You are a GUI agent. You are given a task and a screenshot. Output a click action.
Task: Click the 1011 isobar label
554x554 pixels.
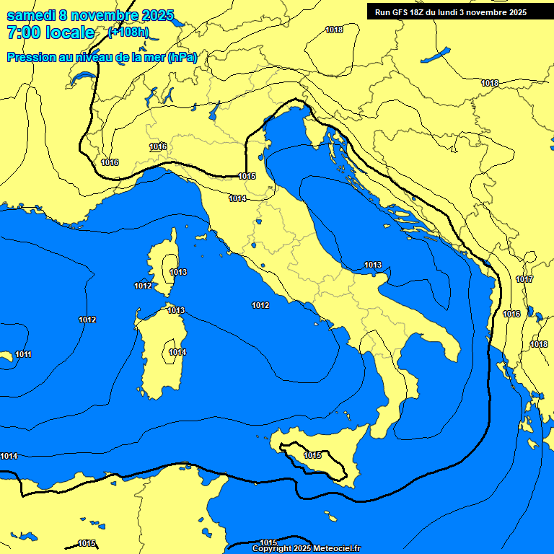(x=23, y=354)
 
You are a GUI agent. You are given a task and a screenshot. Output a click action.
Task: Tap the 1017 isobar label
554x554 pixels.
(x=524, y=279)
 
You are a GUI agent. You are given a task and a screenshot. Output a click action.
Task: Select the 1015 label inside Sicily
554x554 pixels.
(x=312, y=455)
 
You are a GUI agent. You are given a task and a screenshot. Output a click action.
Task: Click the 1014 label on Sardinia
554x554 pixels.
(x=177, y=352)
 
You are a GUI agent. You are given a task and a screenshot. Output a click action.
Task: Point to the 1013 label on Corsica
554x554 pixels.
(x=178, y=272)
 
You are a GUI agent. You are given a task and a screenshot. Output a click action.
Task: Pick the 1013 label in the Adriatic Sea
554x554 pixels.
(x=373, y=265)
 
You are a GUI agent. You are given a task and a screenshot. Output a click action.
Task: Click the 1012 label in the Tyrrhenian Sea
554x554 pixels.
(x=260, y=306)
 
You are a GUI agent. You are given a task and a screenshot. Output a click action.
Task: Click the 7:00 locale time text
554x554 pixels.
(x=50, y=32)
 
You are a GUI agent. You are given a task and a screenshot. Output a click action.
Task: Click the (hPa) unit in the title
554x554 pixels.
(x=183, y=57)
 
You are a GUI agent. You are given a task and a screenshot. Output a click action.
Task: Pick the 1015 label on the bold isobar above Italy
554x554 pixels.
(x=247, y=176)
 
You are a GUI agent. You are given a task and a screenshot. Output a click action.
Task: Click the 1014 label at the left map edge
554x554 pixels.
(x=9, y=456)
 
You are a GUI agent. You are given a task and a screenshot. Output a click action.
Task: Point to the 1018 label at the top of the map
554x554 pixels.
(x=334, y=30)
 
